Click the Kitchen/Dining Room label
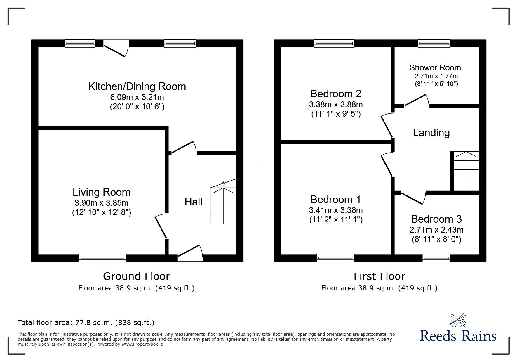click(x=137, y=86)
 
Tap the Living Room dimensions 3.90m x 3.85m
click(x=101, y=203)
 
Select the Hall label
click(x=193, y=202)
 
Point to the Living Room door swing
click(x=161, y=226)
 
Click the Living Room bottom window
click(x=102, y=258)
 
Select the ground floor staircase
click(x=223, y=206)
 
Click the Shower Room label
click(x=435, y=68)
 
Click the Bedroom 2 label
click(x=336, y=94)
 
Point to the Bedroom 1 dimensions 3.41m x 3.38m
click(x=336, y=210)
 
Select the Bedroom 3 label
click(x=436, y=219)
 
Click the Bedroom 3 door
click(x=412, y=198)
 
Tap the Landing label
click(x=431, y=133)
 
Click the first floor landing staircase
click(x=466, y=171)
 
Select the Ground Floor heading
click(x=136, y=276)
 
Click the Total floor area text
click(x=86, y=323)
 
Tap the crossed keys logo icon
click(x=458, y=320)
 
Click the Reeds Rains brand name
click(x=458, y=336)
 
